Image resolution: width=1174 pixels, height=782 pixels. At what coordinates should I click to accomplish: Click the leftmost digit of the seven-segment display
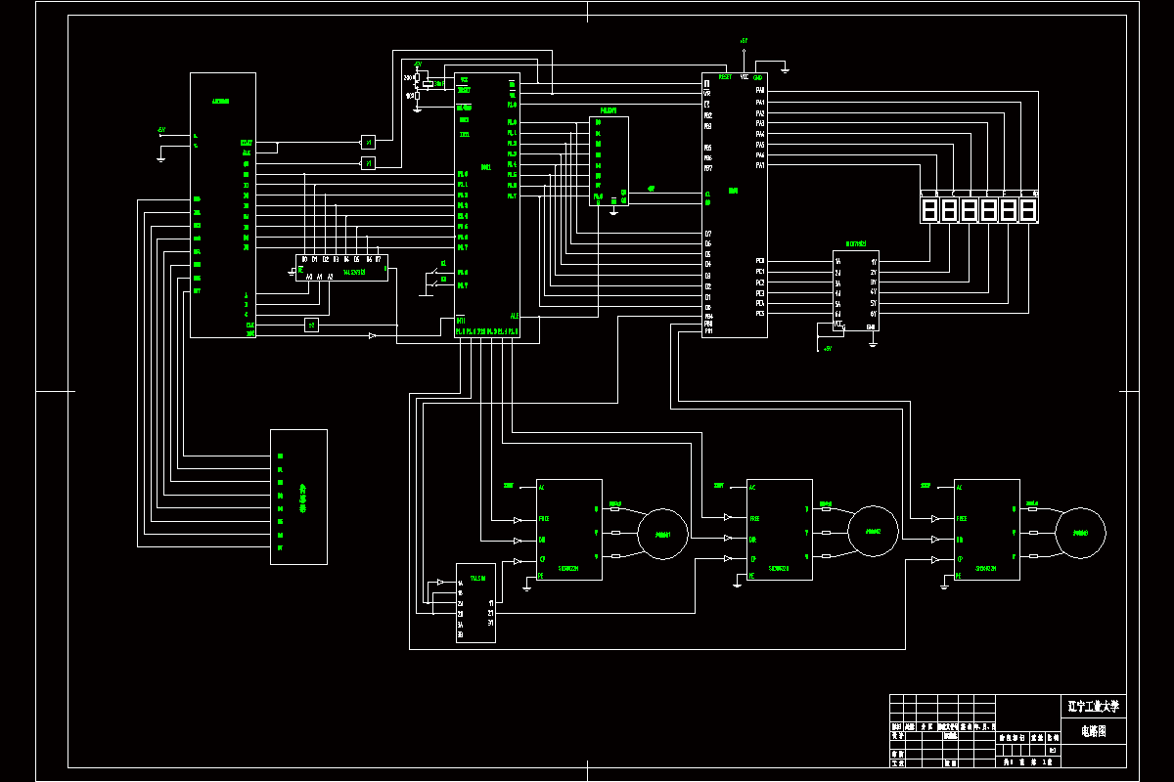tap(928, 210)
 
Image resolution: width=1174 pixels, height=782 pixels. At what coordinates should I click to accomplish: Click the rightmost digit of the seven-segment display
tap(1028, 210)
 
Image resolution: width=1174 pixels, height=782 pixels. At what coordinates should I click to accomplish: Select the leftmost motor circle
tap(662, 533)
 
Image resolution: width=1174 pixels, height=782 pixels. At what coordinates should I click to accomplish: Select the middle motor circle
tap(873, 532)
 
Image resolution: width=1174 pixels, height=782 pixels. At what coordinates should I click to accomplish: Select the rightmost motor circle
tap(1081, 533)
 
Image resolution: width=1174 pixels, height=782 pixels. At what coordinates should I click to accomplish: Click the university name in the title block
tap(1093, 705)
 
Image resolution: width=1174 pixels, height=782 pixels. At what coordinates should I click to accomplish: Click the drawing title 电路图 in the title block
tap(1093, 731)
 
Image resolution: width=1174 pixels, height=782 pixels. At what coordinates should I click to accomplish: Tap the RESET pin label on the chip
tap(725, 76)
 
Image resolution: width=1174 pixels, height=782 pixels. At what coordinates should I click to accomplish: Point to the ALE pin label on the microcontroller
tap(515, 316)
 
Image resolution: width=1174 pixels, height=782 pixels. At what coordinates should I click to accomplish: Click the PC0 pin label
tap(760, 261)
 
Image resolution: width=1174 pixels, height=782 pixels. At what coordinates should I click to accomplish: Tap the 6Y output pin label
tap(874, 314)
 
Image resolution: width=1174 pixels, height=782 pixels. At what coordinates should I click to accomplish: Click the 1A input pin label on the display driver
tap(837, 262)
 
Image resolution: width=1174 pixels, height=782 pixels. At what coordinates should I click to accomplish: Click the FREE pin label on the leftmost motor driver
tap(543, 519)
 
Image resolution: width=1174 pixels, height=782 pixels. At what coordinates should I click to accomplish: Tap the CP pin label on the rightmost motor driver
tap(961, 559)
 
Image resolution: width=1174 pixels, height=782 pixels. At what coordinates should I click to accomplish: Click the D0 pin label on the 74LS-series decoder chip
tap(304, 259)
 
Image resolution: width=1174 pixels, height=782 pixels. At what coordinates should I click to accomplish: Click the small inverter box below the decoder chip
tap(311, 325)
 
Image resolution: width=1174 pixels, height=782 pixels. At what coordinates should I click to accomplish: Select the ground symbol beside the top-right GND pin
tap(785, 68)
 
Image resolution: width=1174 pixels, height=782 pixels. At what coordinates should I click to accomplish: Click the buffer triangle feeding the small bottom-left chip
tap(440, 584)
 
